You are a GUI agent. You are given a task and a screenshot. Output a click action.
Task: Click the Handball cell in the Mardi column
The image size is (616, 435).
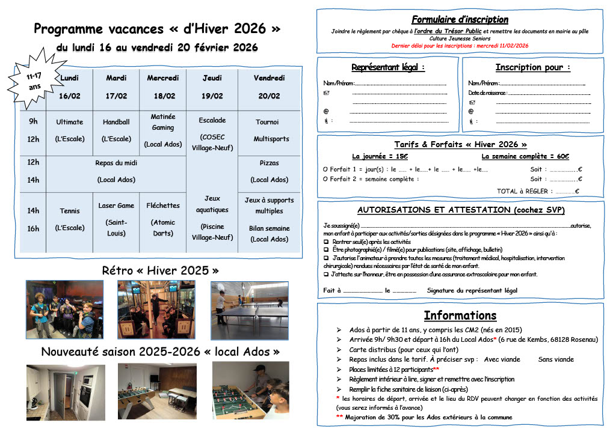(116, 130)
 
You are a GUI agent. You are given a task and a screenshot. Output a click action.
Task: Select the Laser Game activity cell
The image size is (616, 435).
(116, 219)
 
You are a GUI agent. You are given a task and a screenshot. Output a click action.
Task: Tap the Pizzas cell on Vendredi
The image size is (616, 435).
(269, 171)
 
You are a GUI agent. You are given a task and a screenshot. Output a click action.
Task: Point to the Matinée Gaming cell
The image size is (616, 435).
(163, 130)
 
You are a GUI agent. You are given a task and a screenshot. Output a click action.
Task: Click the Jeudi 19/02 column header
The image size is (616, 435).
(212, 87)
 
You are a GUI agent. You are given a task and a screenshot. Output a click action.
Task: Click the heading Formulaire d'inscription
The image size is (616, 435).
(460, 20)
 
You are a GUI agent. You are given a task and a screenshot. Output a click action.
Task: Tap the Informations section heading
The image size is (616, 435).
(460, 315)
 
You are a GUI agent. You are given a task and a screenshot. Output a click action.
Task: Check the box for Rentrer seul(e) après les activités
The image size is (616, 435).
(325, 242)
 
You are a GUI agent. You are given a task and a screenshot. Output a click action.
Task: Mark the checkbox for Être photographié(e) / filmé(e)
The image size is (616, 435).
(325, 249)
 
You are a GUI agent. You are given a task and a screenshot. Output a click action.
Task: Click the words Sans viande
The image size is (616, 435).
(556, 359)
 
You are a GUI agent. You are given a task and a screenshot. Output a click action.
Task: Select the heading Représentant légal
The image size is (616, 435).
(388, 67)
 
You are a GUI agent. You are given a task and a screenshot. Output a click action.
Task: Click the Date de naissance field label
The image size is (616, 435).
(487, 93)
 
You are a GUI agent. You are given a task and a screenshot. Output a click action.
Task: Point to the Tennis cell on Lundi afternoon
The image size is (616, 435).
(70, 219)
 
